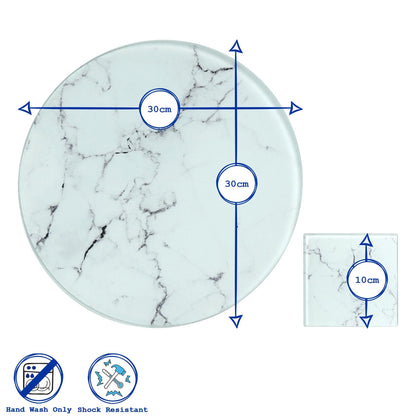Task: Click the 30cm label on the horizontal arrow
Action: click(157, 108)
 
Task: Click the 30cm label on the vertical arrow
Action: click(236, 184)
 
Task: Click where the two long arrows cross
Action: click(236, 108)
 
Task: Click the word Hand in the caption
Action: click(17, 409)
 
